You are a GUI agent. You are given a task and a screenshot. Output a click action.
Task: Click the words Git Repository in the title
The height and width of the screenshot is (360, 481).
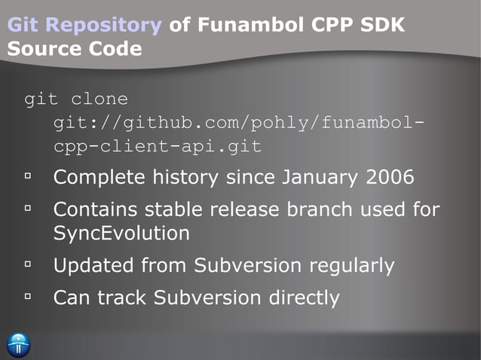(x=84, y=26)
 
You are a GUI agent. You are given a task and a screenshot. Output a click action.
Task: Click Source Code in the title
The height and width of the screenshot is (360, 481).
(x=75, y=49)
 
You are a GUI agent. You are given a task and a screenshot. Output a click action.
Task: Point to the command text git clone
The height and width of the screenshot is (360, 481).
(x=76, y=99)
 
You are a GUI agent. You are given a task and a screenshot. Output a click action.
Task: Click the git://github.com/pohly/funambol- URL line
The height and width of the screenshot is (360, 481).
(x=234, y=122)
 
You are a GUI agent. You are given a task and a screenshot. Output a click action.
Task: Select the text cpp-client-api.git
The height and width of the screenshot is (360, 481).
(x=158, y=146)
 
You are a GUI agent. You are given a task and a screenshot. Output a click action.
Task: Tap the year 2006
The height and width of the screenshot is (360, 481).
(x=390, y=178)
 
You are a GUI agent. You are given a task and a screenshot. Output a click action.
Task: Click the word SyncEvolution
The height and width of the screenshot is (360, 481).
(x=121, y=233)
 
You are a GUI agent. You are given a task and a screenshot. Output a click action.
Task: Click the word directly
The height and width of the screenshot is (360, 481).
(x=305, y=297)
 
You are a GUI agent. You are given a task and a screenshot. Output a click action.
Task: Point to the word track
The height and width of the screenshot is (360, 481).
(x=121, y=297)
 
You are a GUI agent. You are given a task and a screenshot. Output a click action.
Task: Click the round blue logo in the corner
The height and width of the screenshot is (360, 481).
(x=18, y=343)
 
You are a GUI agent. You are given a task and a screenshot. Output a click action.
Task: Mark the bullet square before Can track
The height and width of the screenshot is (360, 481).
(x=29, y=297)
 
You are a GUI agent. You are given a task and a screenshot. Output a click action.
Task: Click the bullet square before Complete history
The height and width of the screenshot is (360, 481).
(x=29, y=178)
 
